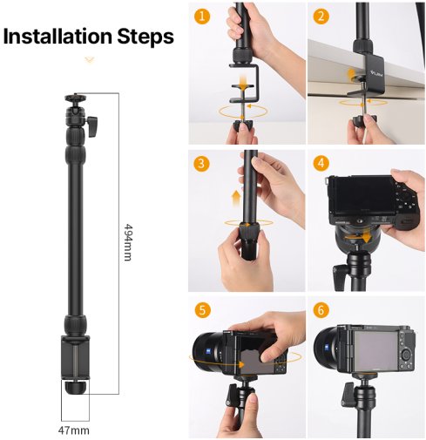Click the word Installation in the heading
click(x=57, y=37)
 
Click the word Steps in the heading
click(x=145, y=37)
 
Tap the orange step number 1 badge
click(x=202, y=16)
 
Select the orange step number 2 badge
click(x=321, y=16)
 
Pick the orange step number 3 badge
click(x=201, y=164)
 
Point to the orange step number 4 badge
click(x=321, y=163)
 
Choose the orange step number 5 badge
click(x=202, y=309)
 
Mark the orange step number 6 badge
click(x=321, y=309)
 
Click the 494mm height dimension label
click(x=128, y=242)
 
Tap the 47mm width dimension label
click(x=74, y=430)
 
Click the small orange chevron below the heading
click(x=90, y=60)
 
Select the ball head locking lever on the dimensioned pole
click(x=91, y=126)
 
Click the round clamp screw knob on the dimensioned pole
click(x=75, y=388)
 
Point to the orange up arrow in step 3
click(x=237, y=198)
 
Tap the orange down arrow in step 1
click(x=242, y=81)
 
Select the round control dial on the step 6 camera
click(x=406, y=355)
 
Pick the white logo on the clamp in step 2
click(x=375, y=74)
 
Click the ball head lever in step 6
click(x=347, y=395)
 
